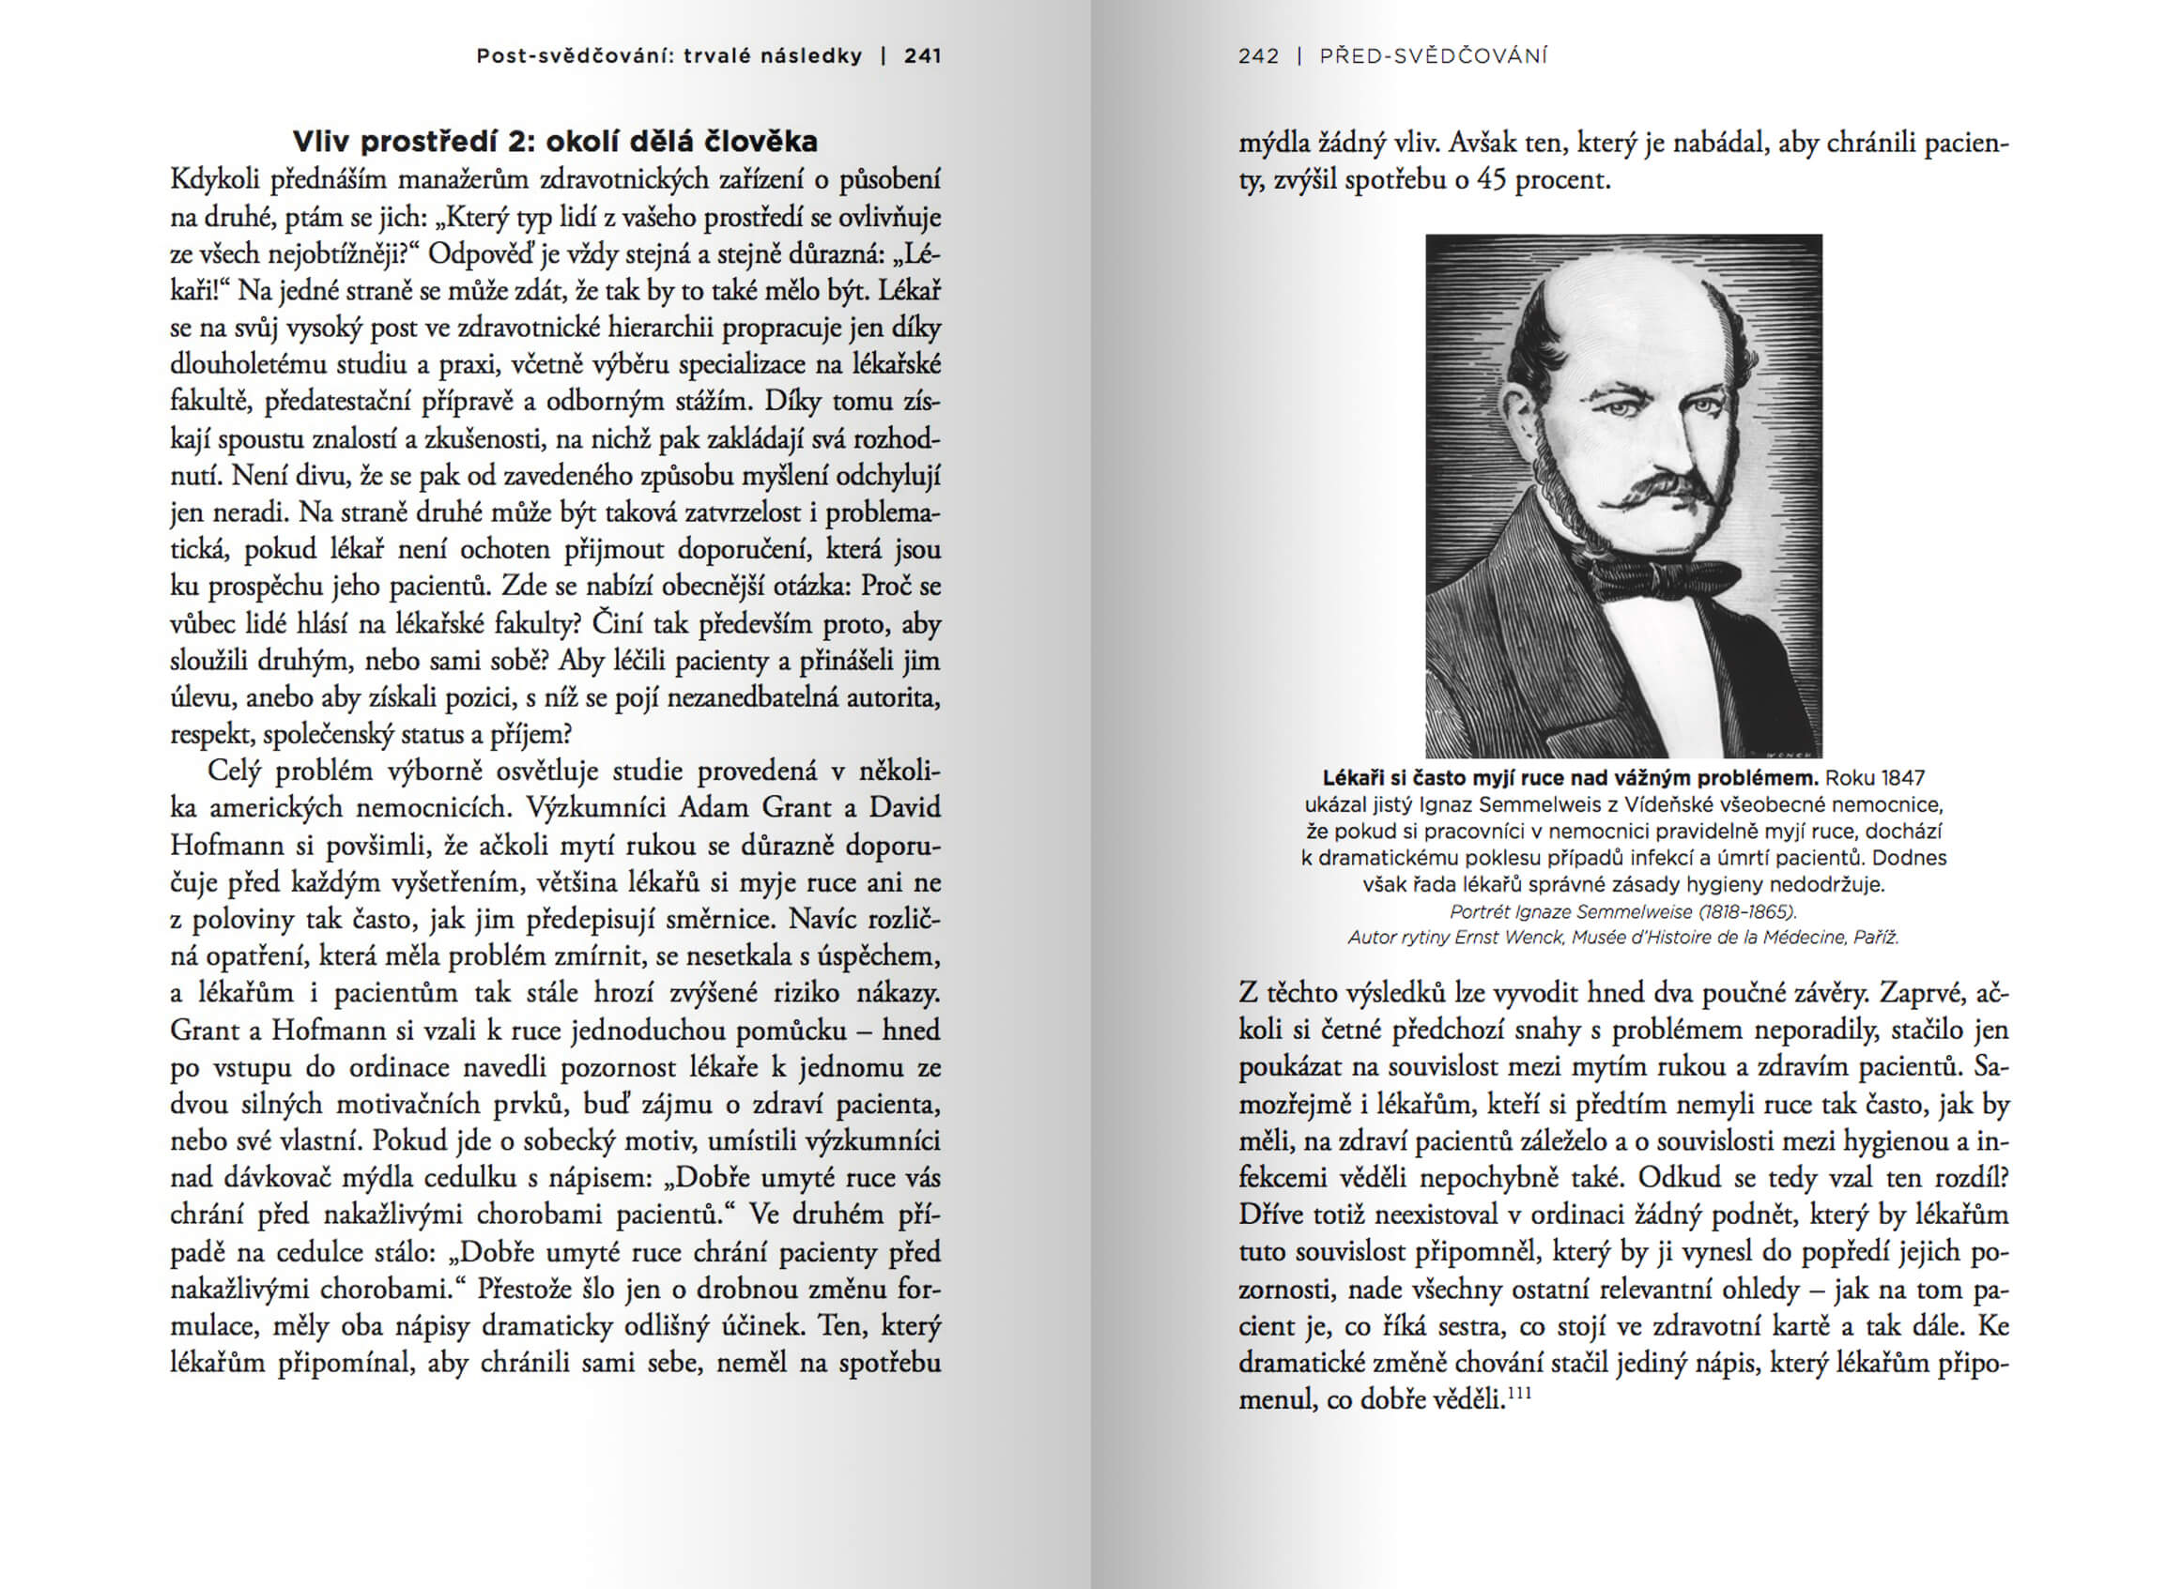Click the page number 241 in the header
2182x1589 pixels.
tap(922, 55)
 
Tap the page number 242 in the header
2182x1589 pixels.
tap(1258, 55)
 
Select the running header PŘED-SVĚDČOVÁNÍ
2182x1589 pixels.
tap(1434, 55)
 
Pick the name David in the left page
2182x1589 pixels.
tap(904, 807)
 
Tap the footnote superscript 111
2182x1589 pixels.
tap(1519, 1393)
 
